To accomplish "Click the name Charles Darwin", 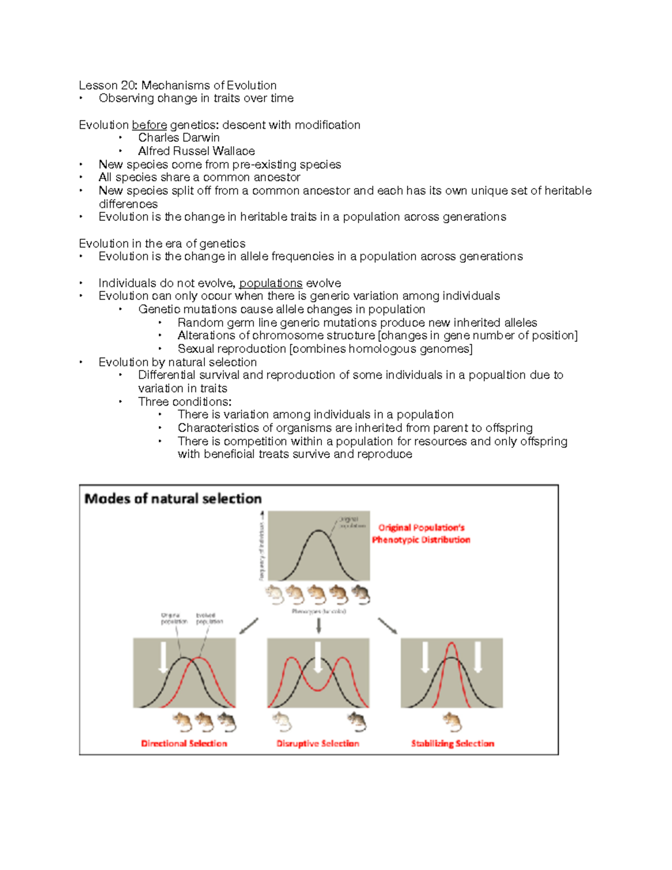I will (x=179, y=138).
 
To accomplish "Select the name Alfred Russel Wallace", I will (x=196, y=151).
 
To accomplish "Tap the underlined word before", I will (x=150, y=125).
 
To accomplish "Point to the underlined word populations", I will (x=270, y=283).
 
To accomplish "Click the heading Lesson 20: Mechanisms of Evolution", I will (x=178, y=85).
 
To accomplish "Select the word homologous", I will (x=387, y=349).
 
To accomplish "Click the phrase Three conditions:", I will (x=185, y=402).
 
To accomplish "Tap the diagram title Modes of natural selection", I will (x=172, y=499).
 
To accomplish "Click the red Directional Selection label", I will (x=184, y=743).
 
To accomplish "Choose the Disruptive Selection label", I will (x=318, y=743).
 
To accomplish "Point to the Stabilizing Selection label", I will (x=452, y=743).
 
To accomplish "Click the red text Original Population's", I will (x=421, y=528).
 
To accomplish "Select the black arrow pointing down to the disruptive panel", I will (x=319, y=625).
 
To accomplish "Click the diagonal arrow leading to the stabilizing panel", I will (x=388, y=626).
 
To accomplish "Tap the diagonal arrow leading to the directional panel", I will (x=249, y=626).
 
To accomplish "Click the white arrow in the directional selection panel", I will (x=163, y=657).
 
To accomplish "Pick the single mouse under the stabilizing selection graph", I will (x=452, y=722).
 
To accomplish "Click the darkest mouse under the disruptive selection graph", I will (x=357, y=722).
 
